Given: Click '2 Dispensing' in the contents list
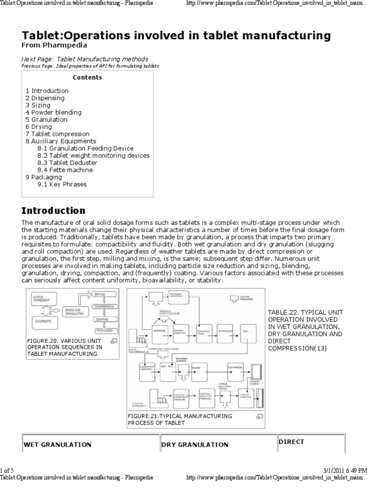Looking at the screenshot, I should (44, 98).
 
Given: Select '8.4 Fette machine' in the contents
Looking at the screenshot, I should (65, 170).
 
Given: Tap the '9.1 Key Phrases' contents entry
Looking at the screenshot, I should (62, 184).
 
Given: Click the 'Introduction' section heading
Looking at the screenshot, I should (54, 211).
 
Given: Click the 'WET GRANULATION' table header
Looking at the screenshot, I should (57, 445).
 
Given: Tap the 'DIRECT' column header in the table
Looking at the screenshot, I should (291, 442).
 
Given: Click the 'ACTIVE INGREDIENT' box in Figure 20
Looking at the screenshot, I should (42, 299).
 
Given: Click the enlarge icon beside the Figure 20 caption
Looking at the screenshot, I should (114, 340).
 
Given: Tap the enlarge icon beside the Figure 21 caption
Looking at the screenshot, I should (259, 416).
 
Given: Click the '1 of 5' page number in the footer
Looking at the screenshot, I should (8, 471).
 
